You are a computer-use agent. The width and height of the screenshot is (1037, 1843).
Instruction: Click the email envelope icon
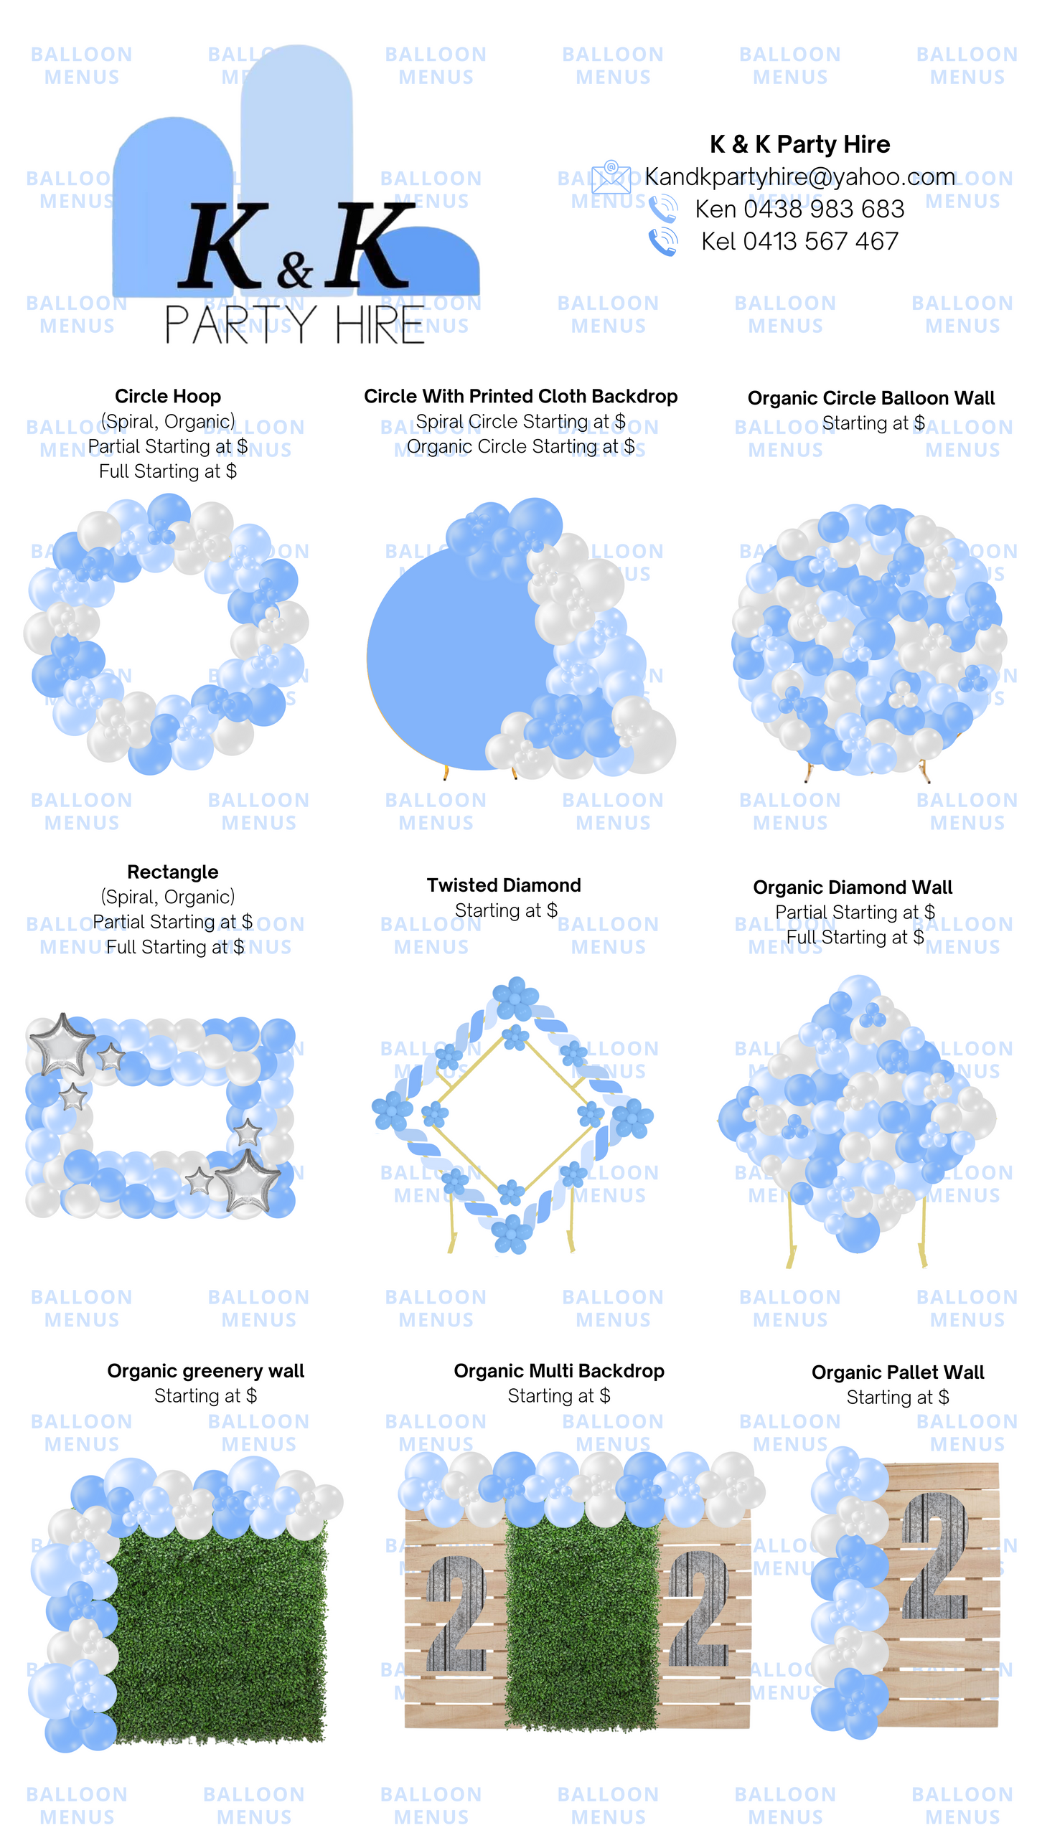[611, 176]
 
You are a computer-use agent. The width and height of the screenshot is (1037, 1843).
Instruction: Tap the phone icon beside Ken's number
[663, 209]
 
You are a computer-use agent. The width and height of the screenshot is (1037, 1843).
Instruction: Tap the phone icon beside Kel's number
[663, 242]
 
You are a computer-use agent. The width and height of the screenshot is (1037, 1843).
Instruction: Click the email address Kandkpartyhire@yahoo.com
[799, 176]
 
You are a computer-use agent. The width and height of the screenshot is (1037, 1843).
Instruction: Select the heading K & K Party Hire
[799, 144]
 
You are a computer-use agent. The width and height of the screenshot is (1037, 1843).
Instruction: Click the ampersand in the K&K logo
[295, 269]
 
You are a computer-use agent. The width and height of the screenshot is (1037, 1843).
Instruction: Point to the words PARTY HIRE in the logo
[294, 324]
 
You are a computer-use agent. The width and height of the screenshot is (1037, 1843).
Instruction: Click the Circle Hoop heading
[168, 396]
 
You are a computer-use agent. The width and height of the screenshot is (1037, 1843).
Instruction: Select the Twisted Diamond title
[504, 885]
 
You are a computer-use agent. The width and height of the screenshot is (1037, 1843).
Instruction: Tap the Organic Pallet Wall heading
[898, 1372]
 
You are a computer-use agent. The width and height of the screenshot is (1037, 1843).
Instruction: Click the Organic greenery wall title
[205, 1371]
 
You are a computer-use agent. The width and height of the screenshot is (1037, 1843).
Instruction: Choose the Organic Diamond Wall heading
[853, 887]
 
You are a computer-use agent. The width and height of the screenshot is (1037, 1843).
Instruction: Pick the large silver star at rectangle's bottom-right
[248, 1180]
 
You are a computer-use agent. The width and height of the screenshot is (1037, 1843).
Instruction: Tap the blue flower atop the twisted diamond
[515, 998]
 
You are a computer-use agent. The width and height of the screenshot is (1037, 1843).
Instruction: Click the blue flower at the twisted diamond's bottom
[511, 1232]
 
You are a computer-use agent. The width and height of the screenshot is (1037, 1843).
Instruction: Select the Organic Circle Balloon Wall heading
[871, 398]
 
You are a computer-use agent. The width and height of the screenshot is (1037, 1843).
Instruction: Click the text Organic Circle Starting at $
[520, 446]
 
